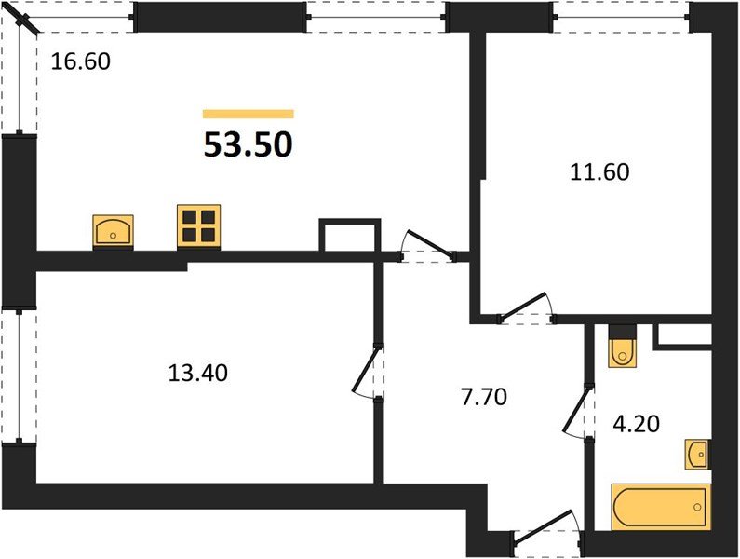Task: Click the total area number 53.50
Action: tap(249, 144)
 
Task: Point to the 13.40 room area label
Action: tap(197, 374)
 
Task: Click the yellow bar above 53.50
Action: tap(249, 114)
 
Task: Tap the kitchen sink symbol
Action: tap(113, 230)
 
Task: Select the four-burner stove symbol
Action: tap(199, 226)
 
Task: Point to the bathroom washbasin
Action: tap(697, 454)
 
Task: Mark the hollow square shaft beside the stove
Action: tap(350, 236)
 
